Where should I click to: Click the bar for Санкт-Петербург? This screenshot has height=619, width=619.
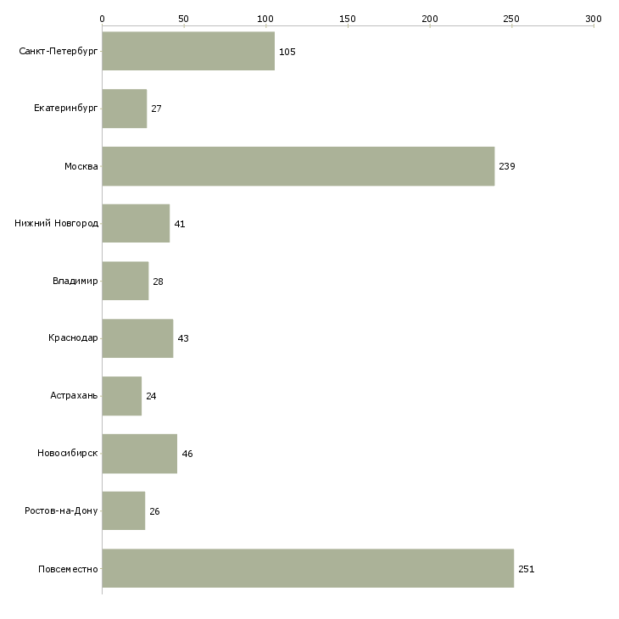coord(188,51)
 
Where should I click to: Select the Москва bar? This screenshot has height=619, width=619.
coord(298,166)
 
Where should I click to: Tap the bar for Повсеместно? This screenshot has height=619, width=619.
coord(308,568)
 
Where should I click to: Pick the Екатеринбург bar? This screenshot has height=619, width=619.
coord(125,109)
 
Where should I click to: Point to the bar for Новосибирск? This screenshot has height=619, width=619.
coord(140,454)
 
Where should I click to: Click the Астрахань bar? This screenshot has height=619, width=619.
coord(122,396)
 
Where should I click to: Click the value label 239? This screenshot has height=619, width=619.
coord(507,166)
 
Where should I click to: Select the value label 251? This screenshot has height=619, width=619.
coord(527,569)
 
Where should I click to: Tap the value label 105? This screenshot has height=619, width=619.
coord(287,52)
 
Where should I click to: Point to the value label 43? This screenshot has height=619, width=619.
coord(183,338)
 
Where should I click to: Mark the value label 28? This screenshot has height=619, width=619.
coord(158,282)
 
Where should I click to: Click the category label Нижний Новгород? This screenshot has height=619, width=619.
coord(57,224)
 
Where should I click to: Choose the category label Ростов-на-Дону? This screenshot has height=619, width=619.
coord(61,510)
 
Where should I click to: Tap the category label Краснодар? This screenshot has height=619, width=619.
coord(73,338)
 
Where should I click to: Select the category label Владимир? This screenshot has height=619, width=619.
coord(75,281)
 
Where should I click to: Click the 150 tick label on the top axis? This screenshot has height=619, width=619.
coord(348,19)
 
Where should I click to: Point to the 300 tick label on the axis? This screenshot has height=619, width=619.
coord(594,19)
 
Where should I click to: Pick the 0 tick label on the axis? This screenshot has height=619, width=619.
coord(103,19)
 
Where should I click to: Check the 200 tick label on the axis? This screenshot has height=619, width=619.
coord(430,19)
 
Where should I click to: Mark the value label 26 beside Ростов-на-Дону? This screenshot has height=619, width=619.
coord(154,511)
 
